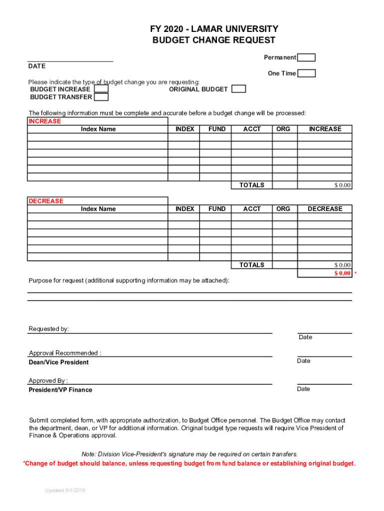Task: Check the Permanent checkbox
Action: click(307, 57)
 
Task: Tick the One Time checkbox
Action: click(307, 73)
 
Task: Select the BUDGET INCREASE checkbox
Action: click(101, 89)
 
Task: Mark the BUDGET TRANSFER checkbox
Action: click(101, 97)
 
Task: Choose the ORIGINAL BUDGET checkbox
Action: click(239, 89)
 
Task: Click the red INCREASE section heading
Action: click(45, 121)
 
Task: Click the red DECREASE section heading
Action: click(46, 201)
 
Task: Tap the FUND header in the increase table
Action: click(217, 129)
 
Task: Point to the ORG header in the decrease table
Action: click(283, 209)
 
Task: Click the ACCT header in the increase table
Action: click(252, 129)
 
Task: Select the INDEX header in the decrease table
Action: click(185, 209)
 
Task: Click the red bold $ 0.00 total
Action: click(343, 273)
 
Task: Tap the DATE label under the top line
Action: click(37, 66)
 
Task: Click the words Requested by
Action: click(49, 329)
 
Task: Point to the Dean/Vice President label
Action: click(59, 362)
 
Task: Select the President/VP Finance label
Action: click(60, 390)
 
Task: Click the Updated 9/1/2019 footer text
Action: click(65, 491)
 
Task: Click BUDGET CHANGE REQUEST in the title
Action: click(214, 40)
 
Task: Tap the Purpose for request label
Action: click(129, 281)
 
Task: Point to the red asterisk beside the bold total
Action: click(356, 274)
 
